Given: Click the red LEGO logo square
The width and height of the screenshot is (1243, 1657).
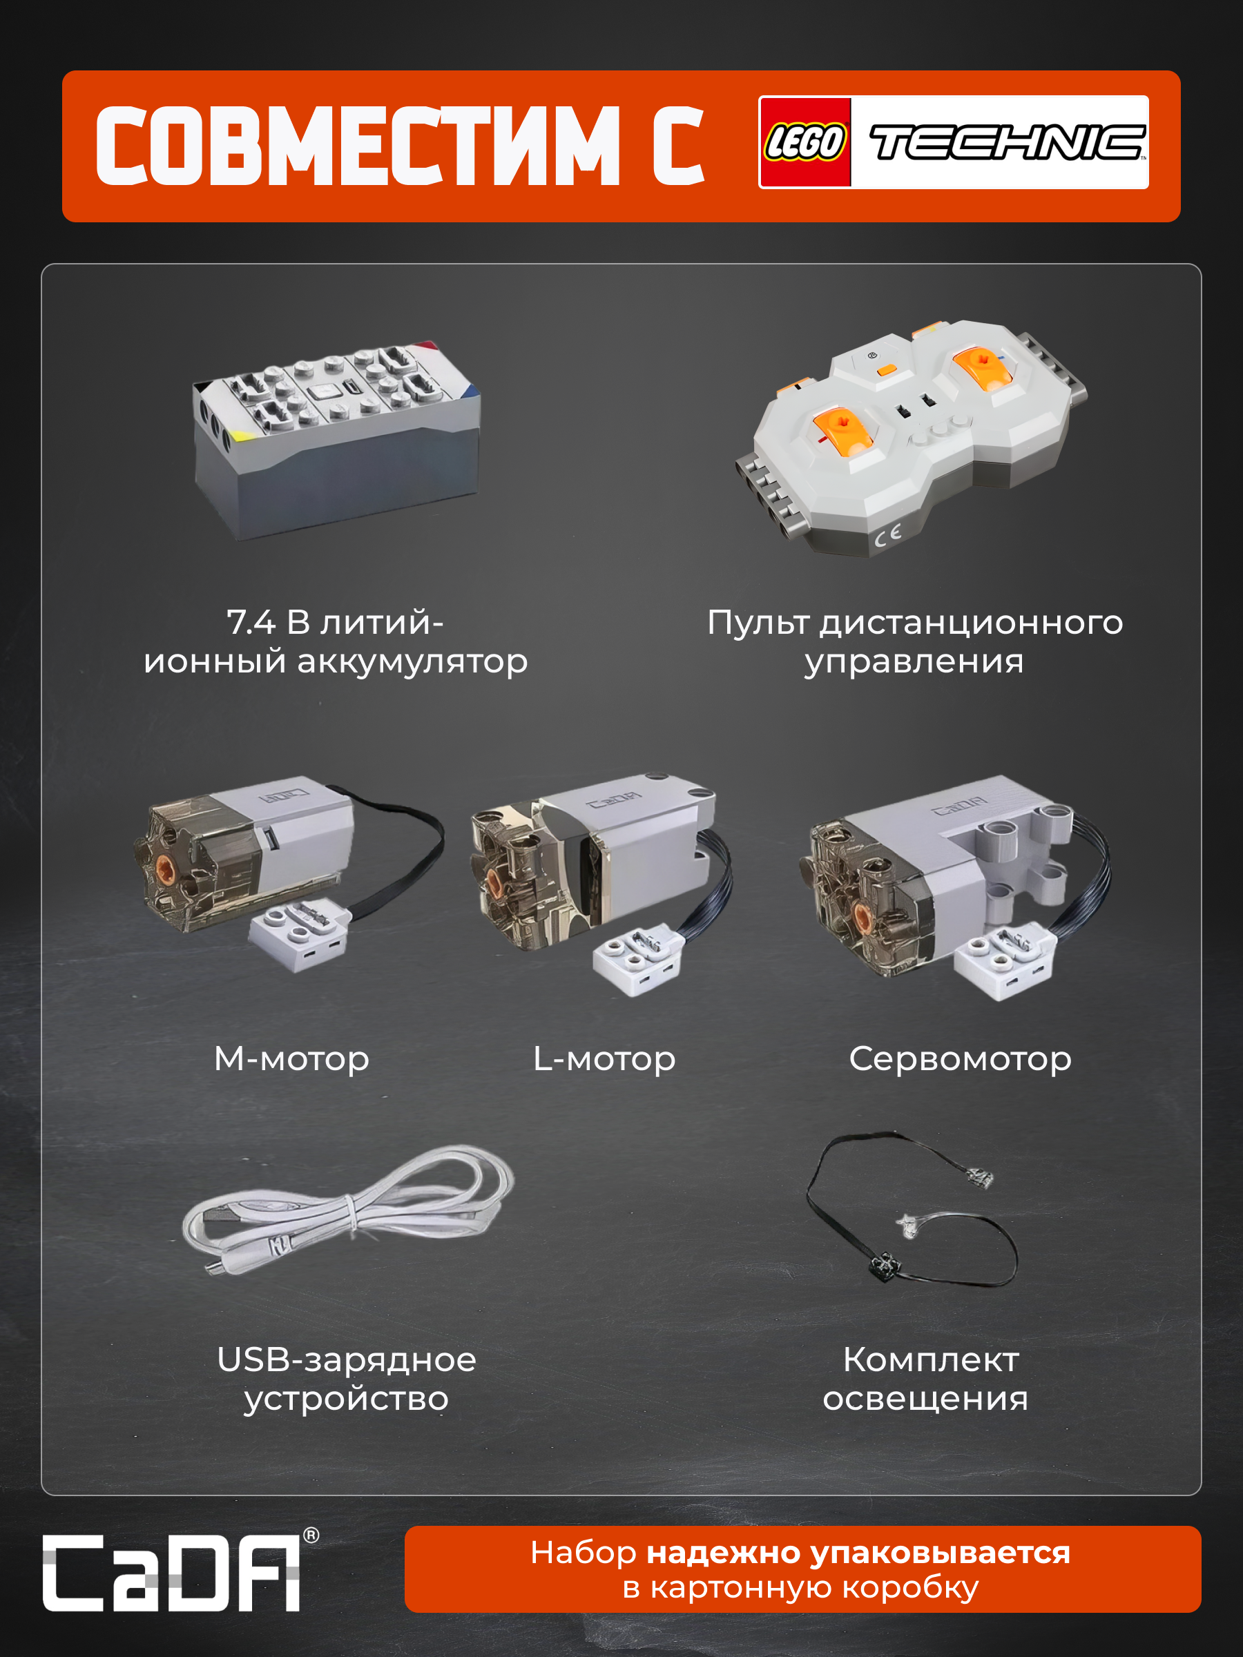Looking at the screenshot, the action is [805, 142].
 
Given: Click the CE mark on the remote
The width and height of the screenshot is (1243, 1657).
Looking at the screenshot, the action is [888, 536].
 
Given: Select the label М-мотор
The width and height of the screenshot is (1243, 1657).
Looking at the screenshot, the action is [291, 1058].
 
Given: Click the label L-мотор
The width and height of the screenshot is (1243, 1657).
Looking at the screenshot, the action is [604, 1058].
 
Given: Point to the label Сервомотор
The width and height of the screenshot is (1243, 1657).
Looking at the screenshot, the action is [960, 1058].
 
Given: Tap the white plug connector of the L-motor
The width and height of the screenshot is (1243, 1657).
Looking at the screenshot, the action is [637, 961].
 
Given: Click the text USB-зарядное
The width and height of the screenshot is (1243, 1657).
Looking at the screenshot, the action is [346, 1359].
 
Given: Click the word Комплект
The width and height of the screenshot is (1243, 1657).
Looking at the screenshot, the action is [931, 1359].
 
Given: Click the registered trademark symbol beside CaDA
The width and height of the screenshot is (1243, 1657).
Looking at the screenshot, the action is [311, 1535].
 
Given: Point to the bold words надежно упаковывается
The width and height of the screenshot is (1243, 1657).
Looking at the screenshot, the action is [858, 1553].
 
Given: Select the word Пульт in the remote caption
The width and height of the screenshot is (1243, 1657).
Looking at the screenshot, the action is [758, 623].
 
